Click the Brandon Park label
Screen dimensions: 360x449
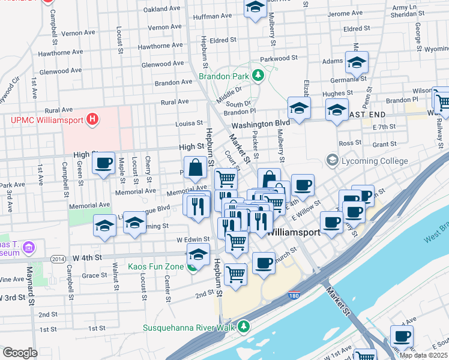(224, 77)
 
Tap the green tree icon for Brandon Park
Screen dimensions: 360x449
(258, 76)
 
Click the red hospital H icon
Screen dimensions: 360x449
(92, 119)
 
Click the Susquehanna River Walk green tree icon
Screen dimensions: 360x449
(244, 327)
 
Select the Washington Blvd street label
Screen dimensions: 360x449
(261, 123)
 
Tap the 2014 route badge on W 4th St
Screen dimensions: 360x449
(58, 259)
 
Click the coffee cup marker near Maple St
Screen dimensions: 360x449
(103, 163)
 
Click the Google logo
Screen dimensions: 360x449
(20, 353)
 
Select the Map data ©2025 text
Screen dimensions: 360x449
(423, 355)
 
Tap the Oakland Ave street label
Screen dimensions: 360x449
(162, 9)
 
